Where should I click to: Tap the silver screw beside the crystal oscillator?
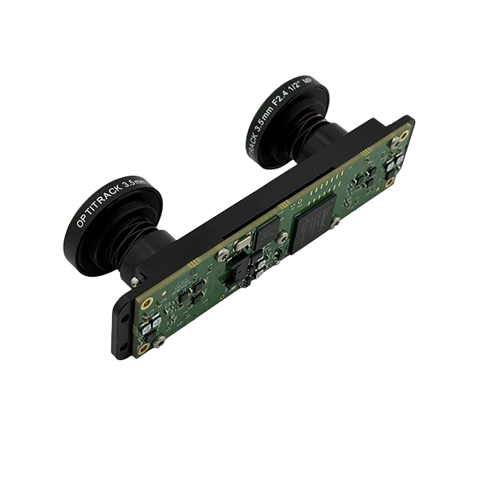point(225,254)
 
